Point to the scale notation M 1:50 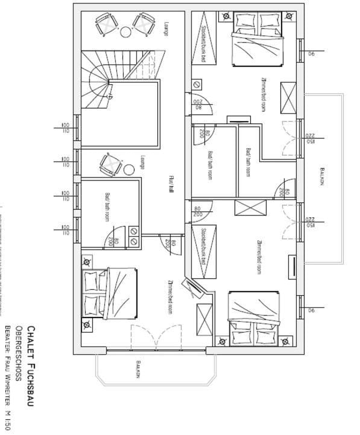tap(8, 419)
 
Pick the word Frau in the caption tap(8, 364)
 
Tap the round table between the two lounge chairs tap(125, 31)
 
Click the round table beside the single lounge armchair tap(129, 169)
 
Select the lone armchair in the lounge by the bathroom tap(110, 164)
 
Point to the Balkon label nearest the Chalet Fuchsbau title tap(138, 370)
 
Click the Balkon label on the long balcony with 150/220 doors tap(323, 177)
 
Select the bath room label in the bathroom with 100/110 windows tap(107, 208)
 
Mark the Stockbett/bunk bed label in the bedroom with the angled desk tap(203, 246)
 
